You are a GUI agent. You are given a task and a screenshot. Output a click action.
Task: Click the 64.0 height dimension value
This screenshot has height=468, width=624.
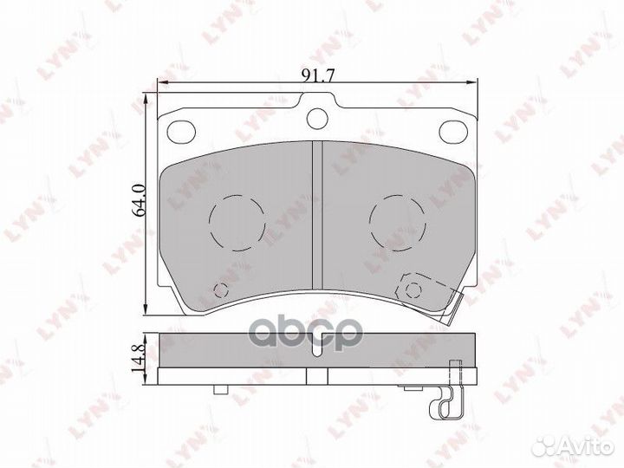(140, 200)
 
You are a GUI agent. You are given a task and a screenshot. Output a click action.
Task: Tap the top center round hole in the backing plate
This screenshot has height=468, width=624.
(317, 118)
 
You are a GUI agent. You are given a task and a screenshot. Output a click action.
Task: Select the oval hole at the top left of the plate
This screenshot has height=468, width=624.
(181, 132)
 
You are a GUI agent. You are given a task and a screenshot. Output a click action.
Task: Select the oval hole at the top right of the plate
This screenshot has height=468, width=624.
(453, 132)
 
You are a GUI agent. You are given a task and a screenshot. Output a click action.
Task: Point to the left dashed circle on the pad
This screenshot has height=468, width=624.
(237, 223)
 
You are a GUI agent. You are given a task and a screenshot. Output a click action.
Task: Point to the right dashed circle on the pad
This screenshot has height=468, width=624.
(398, 223)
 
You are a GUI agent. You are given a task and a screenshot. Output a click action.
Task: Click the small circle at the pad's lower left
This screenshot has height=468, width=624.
(221, 290)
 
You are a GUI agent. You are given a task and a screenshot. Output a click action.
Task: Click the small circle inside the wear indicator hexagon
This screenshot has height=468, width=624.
(413, 290)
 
